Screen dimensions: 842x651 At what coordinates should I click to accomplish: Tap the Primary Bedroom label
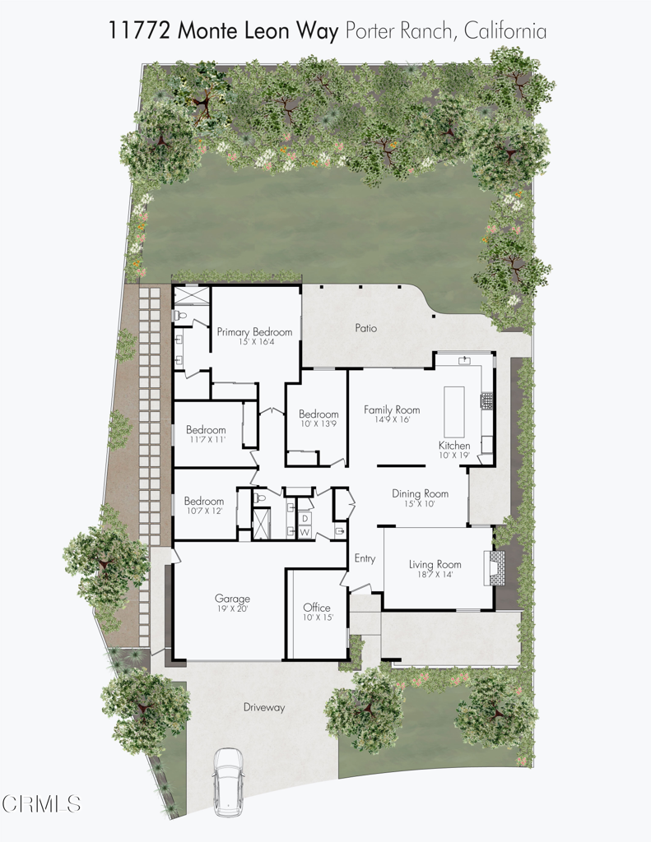pos(254,332)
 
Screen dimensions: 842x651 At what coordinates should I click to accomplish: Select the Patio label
pos(365,328)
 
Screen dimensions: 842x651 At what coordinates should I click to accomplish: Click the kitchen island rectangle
pos(455,411)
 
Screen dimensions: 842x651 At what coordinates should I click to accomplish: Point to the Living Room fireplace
pos(497,567)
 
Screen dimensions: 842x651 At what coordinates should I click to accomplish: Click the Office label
pos(317,608)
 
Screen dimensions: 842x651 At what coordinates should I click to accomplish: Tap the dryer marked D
pos(305,519)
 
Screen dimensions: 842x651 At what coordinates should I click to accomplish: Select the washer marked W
pos(305,533)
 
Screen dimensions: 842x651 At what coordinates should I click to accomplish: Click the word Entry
pos(365,559)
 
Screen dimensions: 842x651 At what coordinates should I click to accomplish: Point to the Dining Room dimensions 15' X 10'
pos(420,504)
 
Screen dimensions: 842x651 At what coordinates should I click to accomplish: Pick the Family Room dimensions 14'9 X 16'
pos(392,419)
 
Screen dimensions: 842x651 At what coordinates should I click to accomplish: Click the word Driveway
pos(264,707)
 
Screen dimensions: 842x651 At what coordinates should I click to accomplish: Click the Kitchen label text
pos(454,445)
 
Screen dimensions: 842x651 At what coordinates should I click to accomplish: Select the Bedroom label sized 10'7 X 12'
pos(204,501)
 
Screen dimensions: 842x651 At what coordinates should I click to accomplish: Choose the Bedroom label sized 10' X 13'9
pos(319,414)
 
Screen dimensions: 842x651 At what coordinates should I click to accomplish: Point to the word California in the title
pos(505,31)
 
